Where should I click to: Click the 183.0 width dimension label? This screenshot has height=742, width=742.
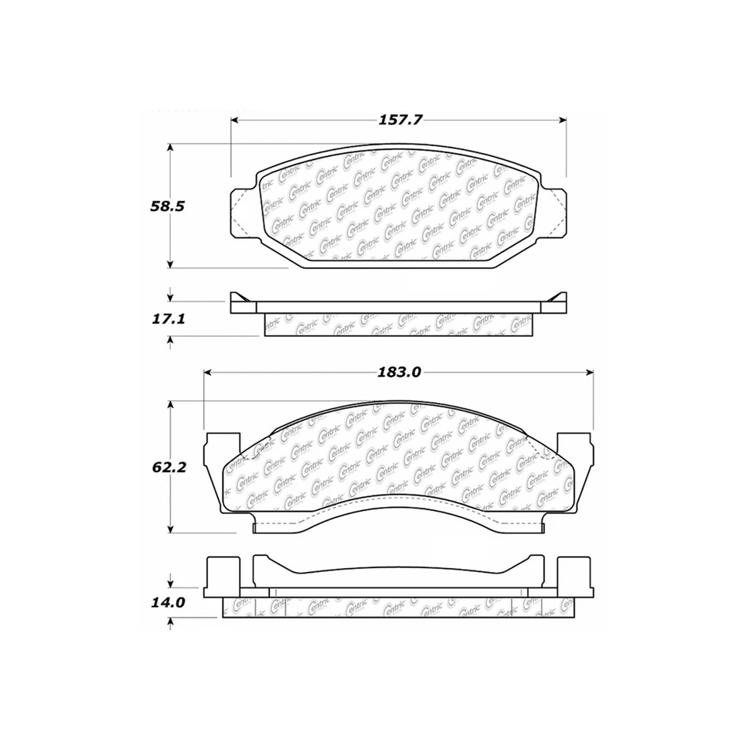[398, 372]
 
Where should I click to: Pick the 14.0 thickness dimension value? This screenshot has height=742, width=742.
[168, 602]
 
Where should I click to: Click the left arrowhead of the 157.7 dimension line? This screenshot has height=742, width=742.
[236, 120]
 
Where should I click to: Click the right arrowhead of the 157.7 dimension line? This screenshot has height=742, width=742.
[562, 120]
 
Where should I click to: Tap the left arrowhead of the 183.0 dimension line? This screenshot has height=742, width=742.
[208, 372]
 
